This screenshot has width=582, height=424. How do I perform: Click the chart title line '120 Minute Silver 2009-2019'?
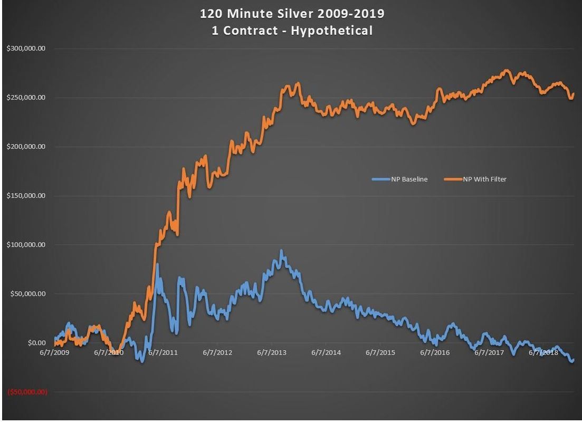point(291,13)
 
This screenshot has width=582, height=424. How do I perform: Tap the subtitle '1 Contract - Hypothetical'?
point(291,31)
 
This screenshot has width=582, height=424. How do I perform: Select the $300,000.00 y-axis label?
point(26,49)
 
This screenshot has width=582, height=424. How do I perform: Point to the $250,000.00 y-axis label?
point(26,98)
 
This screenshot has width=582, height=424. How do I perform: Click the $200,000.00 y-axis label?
point(26,147)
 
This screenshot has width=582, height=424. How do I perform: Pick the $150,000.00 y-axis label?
point(26,196)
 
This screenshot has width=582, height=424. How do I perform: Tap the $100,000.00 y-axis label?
point(26,245)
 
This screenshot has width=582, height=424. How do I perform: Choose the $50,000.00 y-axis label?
point(27,294)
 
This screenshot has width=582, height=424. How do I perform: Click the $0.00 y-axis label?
point(35,343)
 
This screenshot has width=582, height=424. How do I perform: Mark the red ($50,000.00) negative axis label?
point(26,392)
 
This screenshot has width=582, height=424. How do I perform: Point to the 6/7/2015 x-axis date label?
point(380,352)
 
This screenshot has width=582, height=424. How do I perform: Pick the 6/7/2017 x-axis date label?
point(489,352)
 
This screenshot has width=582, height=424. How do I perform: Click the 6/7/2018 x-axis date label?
point(543,352)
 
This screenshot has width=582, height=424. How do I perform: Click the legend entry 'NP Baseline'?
point(409,179)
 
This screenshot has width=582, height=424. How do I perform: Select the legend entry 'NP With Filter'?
point(484,179)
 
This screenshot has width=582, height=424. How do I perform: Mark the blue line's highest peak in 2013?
point(281,251)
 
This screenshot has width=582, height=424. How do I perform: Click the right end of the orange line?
point(574,94)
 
